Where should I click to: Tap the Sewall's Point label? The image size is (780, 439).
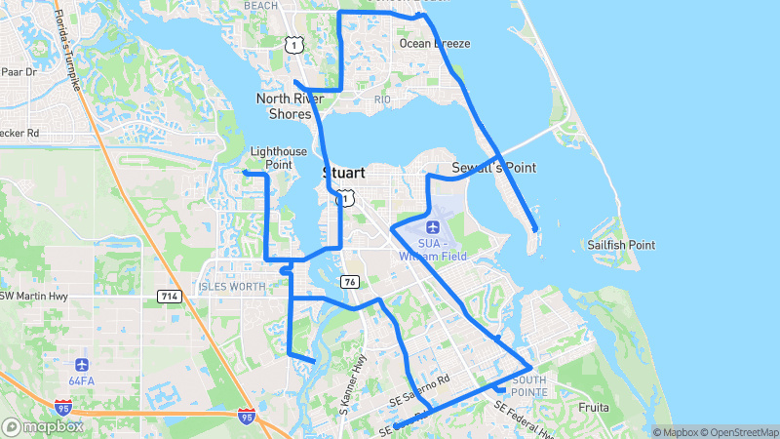pyautogui.click(x=493, y=168)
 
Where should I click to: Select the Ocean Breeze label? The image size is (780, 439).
pyautogui.click(x=435, y=44)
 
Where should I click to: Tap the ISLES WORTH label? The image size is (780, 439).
pyautogui.click(x=231, y=287)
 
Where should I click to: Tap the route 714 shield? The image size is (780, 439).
pyautogui.click(x=168, y=295)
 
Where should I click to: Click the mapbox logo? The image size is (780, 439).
pyautogui.click(x=43, y=426)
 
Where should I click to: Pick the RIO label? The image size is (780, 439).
pyautogui.click(x=382, y=100)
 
